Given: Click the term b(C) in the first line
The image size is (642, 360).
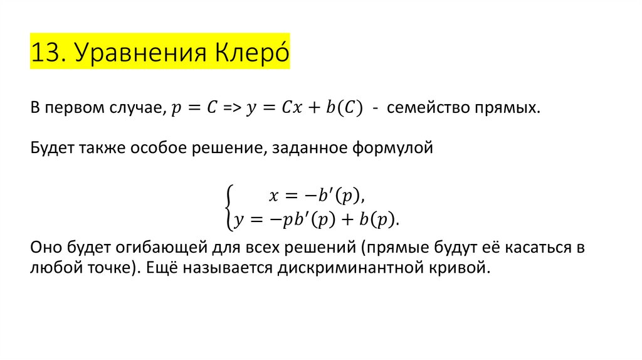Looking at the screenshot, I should pyautogui.click(x=344, y=108).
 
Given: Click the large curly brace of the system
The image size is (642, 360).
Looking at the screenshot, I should pyautogui.click(x=228, y=206).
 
